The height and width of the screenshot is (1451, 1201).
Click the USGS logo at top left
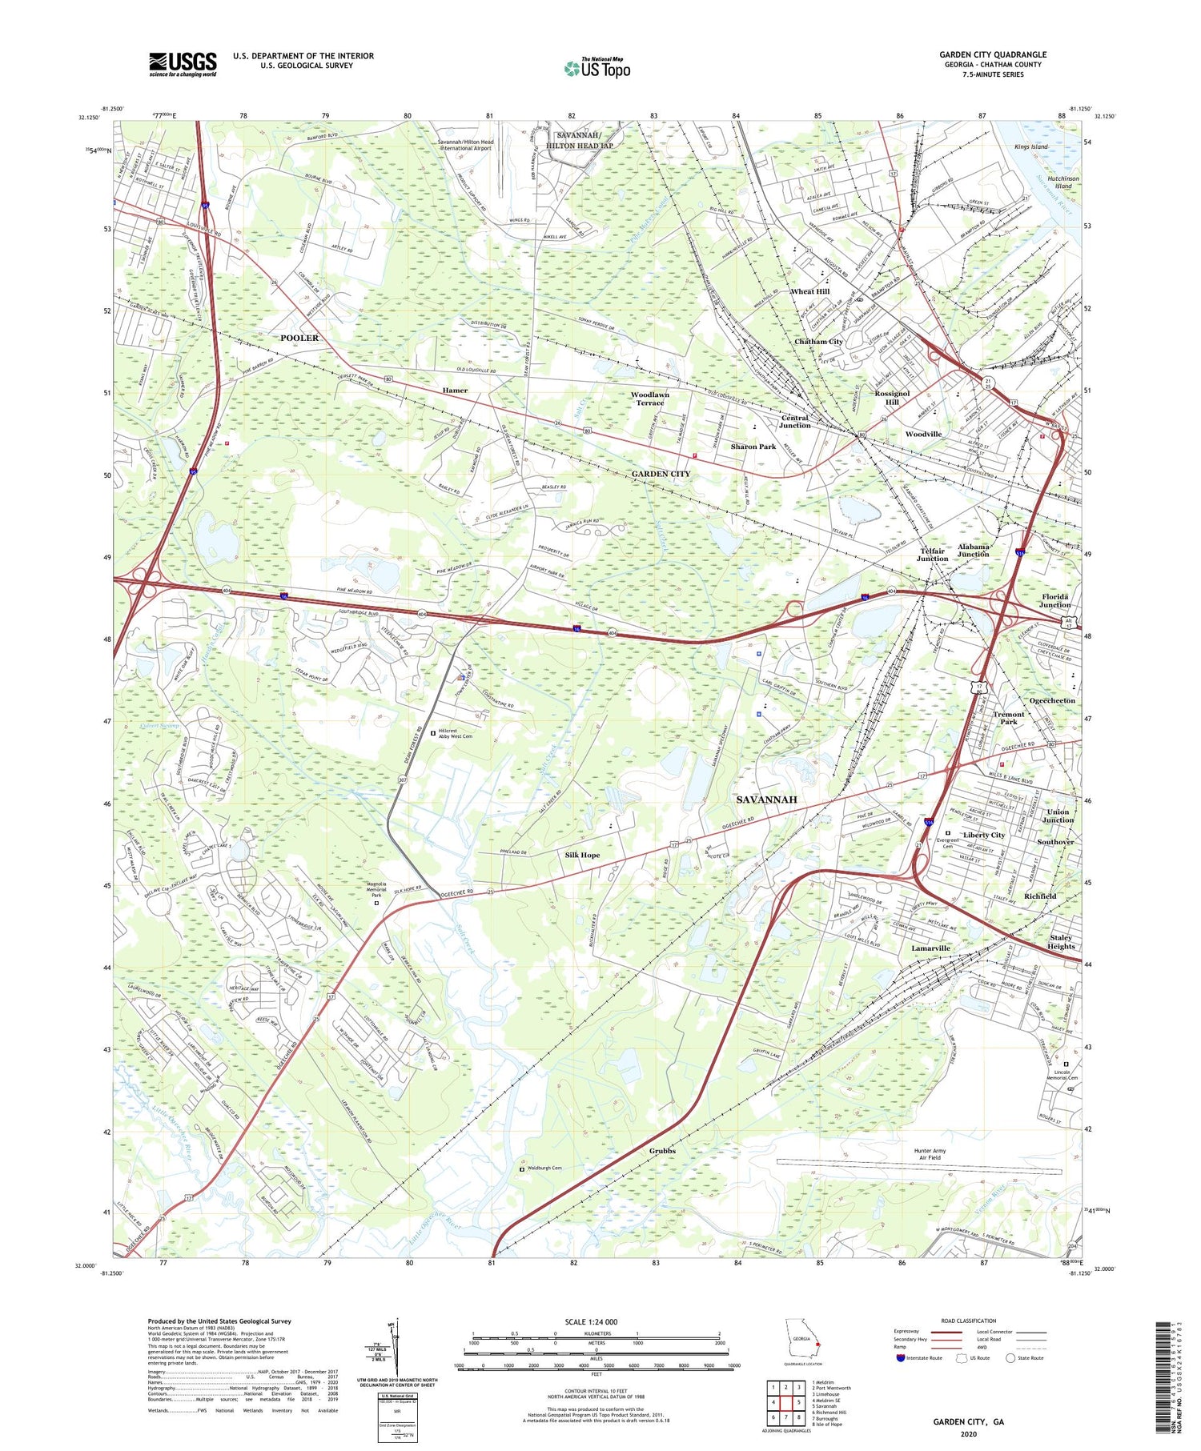tap(183, 64)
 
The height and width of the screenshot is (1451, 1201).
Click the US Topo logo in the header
tap(596, 69)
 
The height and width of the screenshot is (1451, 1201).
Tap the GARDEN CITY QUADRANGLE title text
tap(993, 54)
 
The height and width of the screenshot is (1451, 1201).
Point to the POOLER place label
tap(299, 338)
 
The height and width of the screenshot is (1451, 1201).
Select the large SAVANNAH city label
tap(766, 800)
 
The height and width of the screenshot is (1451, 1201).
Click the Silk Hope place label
tap(582, 855)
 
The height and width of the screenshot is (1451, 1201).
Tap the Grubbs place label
tap(662, 1151)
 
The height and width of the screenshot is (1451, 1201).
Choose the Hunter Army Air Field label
tap(930, 1154)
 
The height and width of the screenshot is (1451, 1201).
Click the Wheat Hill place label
tap(809, 291)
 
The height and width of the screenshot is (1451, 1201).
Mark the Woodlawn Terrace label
tap(649, 399)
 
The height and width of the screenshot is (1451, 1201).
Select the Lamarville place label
tap(930, 948)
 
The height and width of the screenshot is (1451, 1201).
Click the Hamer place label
tap(455, 391)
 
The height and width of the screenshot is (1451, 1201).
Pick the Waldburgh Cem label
tap(544, 1168)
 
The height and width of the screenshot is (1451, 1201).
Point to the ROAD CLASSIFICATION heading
tap(969, 1321)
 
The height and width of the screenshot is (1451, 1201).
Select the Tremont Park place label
tap(1009, 718)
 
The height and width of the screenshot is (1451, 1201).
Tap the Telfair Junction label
tap(932, 555)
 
